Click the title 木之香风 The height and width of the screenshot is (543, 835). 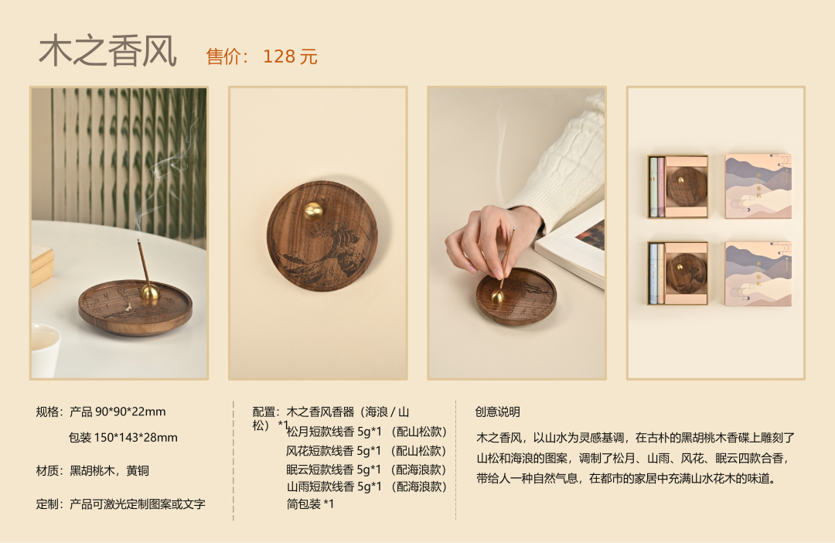107,51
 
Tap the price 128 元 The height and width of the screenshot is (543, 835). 290,56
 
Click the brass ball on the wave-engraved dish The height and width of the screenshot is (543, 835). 314,211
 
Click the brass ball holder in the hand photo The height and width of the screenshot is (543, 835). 497,297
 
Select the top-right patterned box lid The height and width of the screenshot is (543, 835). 758,186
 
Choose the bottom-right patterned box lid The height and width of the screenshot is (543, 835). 758,273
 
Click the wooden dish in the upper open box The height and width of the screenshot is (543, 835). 687,186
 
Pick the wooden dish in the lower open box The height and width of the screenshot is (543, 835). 687,273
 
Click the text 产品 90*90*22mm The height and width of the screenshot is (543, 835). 118,412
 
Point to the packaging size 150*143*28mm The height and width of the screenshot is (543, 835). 136,438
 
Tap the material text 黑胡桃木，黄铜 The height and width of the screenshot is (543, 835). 110,470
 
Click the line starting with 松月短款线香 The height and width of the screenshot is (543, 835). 366,432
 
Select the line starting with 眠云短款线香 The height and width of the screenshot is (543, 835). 366,470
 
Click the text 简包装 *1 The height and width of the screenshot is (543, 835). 310,504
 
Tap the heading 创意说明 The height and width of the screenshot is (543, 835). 497,412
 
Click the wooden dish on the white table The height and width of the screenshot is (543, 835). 135,308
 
